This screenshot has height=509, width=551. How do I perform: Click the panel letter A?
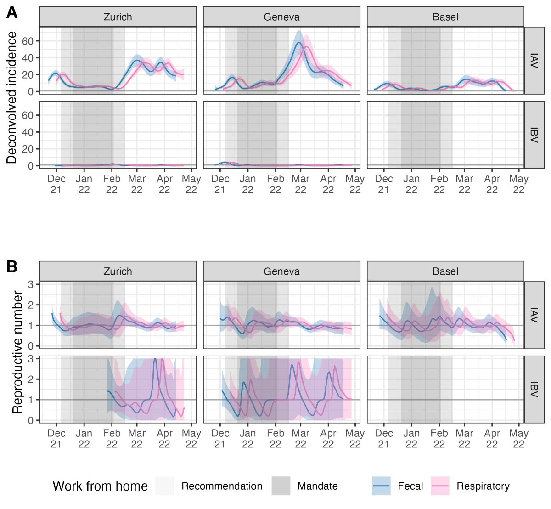point(12,12)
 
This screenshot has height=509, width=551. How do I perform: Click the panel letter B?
point(12,266)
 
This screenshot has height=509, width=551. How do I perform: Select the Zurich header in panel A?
point(118,17)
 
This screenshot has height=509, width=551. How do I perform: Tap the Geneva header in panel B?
point(281,271)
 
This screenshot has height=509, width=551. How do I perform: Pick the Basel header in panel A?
point(445,17)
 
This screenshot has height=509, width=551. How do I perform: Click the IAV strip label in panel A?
point(534,61)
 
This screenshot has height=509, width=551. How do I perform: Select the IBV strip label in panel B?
point(534,389)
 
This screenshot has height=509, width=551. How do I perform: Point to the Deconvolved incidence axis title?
point(11,97)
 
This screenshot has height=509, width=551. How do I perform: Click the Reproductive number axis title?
point(17,352)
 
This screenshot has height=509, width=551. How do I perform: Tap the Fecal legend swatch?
point(381,486)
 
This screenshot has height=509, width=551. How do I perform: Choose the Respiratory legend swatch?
point(440,486)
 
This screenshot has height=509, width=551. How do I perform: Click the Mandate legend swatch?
point(281,486)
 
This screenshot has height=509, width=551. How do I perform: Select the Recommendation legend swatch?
point(165,486)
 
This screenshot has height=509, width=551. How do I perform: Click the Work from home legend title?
point(100,486)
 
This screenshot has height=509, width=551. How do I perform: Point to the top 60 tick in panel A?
point(28,41)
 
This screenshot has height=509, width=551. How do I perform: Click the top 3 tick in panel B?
point(31,284)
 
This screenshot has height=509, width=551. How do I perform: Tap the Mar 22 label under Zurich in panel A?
point(137,184)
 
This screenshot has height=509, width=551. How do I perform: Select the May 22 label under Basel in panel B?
point(519,439)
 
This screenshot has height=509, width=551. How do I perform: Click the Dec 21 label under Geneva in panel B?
point(220,439)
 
